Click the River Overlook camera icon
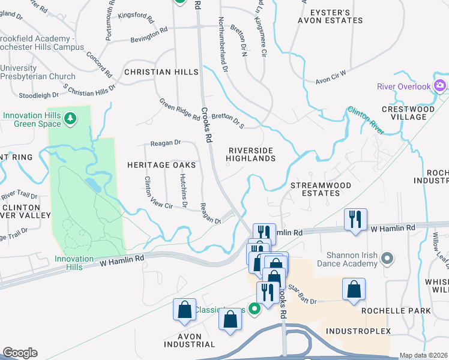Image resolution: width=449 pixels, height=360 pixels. [x=440, y=85]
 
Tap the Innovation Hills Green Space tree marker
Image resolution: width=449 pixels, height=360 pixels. [x=71, y=118]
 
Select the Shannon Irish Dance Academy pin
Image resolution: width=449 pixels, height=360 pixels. [x=387, y=259]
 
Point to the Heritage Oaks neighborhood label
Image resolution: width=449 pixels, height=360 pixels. [x=161, y=164]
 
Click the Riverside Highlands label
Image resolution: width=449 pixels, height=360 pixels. [x=250, y=154]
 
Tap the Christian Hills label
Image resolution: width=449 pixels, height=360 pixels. [x=161, y=72]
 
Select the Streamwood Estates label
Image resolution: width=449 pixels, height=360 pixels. [x=321, y=189]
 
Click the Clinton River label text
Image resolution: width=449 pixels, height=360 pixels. [x=365, y=119]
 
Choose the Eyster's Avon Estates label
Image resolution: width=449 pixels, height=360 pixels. [x=330, y=16]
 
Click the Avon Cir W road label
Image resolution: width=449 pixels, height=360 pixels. [x=331, y=77]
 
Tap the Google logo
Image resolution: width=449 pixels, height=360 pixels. [x=20, y=353]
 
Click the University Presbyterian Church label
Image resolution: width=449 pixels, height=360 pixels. [x=38, y=73]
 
